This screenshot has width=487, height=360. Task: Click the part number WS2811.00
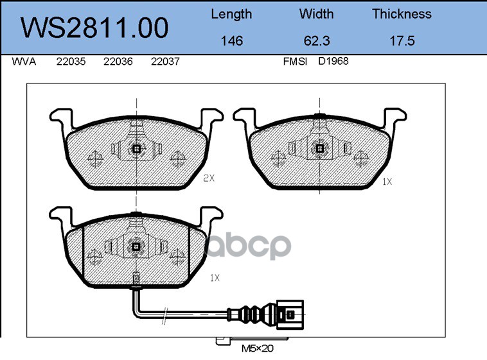(x=94, y=28)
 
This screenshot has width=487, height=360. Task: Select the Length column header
(x=231, y=15)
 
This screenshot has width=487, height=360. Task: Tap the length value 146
(x=232, y=40)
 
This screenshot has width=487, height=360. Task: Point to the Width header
(x=316, y=14)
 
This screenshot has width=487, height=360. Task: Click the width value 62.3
(x=317, y=40)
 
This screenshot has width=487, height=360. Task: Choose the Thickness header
(x=402, y=14)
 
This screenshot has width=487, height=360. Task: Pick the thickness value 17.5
(x=402, y=40)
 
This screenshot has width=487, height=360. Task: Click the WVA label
(x=24, y=62)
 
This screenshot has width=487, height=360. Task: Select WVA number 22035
(x=71, y=62)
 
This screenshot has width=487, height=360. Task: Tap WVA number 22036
(x=118, y=62)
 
